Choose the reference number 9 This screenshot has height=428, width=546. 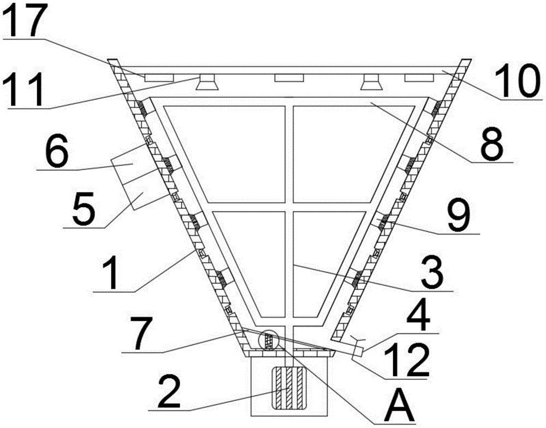click(460, 216)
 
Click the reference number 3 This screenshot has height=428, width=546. click(432, 273)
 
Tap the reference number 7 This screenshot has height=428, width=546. click(141, 333)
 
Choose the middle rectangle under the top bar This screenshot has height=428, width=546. click(289, 78)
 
